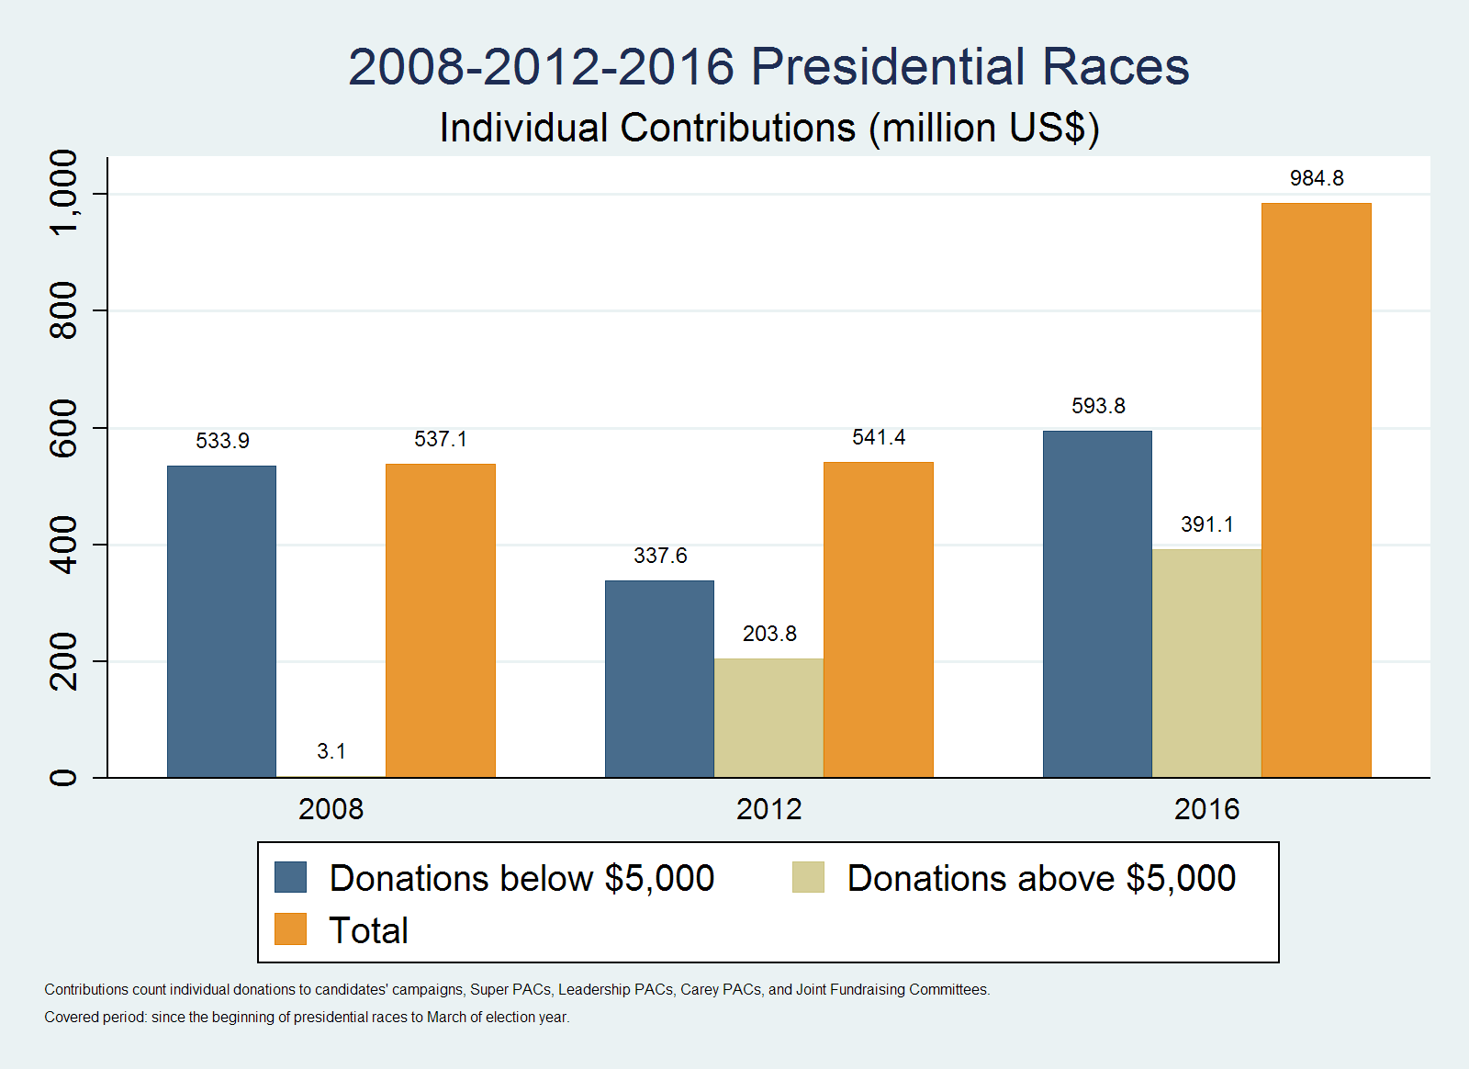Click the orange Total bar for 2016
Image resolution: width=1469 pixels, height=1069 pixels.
pyautogui.click(x=1316, y=490)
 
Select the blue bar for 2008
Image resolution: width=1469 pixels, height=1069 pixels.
pyautogui.click(x=221, y=622)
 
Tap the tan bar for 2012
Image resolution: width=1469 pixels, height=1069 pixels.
pyautogui.click(x=768, y=718)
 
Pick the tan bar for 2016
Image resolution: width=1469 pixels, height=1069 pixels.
pyautogui.click(x=1206, y=663)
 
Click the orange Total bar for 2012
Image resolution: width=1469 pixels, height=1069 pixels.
pyautogui.click(x=878, y=620)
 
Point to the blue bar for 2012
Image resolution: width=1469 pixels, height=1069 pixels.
pyautogui.click(x=659, y=679)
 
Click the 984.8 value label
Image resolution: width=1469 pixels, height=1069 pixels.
pyautogui.click(x=1316, y=178)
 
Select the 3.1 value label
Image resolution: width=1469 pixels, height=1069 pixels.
pyautogui.click(x=331, y=751)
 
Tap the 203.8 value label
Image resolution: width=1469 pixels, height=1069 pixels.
pyautogui.click(x=768, y=634)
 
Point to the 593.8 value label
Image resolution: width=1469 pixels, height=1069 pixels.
pyautogui.click(x=1097, y=406)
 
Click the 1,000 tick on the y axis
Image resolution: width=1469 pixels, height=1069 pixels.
pyautogui.click(x=63, y=194)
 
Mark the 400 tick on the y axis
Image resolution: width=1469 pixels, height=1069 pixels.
pyautogui.click(x=63, y=545)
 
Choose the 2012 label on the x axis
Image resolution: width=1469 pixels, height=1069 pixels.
pyautogui.click(x=768, y=809)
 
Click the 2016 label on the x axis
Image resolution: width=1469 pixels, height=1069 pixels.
pyautogui.click(x=1206, y=809)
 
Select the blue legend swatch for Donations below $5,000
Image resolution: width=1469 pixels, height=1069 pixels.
pyautogui.click(x=290, y=877)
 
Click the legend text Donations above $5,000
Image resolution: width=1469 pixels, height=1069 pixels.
pyautogui.click(x=1041, y=878)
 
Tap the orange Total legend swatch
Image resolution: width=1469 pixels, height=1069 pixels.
pyautogui.click(x=290, y=929)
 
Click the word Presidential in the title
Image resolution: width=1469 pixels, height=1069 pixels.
pyautogui.click(x=888, y=67)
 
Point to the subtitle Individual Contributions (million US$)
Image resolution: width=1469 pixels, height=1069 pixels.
pyautogui.click(x=768, y=128)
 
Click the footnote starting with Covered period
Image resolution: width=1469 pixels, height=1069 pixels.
pyautogui.click(x=307, y=1018)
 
